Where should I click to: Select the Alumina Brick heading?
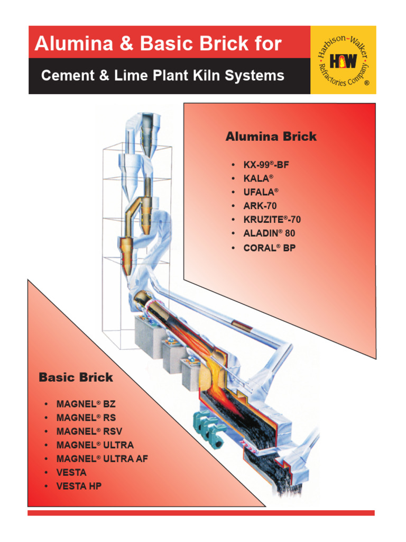tap(271, 137)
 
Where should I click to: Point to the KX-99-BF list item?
tap(266, 165)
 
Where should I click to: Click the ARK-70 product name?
tap(260, 206)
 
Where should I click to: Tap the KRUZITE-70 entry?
tap(272, 220)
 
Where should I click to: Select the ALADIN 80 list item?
tap(269, 233)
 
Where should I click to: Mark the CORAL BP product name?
tap(269, 247)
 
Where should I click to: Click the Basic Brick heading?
tap(76, 377)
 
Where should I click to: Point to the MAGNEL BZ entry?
tap(86, 404)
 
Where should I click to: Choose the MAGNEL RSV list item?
tap(89, 431)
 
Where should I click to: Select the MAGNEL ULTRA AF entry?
tap(102, 459)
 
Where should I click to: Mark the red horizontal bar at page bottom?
tap(201, 512)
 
